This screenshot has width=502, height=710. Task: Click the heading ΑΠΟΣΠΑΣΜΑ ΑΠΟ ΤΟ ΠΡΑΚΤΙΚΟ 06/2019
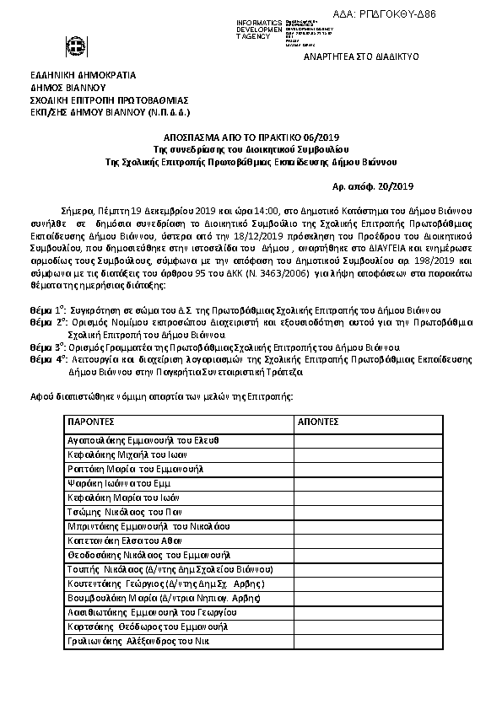coord(251,137)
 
